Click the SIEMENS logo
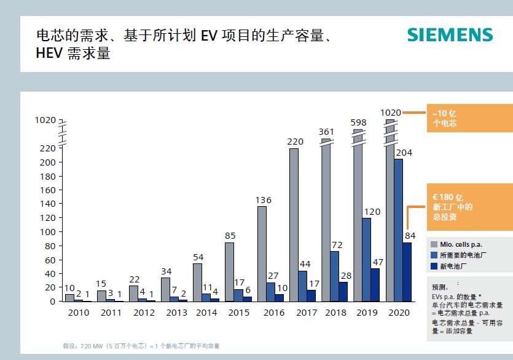click(450, 34)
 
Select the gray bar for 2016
click(262, 254)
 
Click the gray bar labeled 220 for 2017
click(294, 225)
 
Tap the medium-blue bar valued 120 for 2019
click(367, 260)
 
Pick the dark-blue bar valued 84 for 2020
click(407, 272)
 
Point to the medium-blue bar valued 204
click(398, 230)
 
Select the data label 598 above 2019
click(359, 122)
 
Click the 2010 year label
click(79, 313)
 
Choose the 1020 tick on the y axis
click(45, 120)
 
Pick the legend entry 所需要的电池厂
click(461, 255)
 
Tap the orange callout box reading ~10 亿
click(469, 119)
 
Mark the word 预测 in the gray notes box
click(441, 287)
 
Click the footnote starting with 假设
click(141, 346)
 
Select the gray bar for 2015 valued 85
click(229, 271)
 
